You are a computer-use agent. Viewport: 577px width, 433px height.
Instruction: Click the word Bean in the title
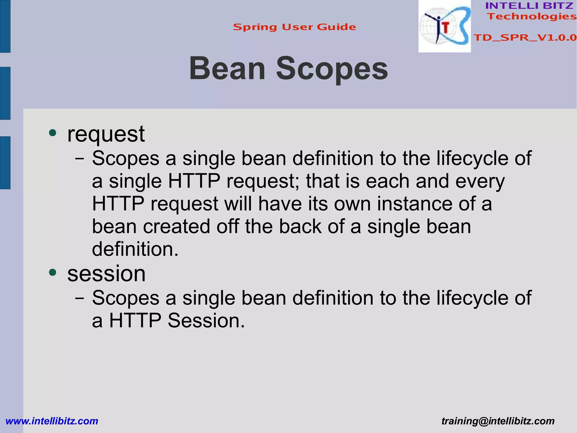(x=227, y=69)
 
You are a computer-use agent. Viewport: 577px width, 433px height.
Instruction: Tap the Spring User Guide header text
(x=294, y=27)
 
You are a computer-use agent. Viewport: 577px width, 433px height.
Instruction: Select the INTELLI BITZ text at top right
(x=529, y=6)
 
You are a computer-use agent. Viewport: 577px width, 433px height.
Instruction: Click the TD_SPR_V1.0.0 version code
(x=525, y=38)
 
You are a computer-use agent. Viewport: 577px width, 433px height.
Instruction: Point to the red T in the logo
(x=445, y=28)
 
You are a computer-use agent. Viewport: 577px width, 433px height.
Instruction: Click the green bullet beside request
(x=53, y=133)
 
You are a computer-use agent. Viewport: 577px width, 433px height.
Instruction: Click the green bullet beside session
(x=53, y=272)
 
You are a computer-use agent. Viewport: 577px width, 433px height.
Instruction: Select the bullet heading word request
(x=106, y=134)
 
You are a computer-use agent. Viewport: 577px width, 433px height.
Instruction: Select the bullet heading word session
(x=106, y=274)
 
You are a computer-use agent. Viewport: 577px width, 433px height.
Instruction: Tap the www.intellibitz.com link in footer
(x=52, y=421)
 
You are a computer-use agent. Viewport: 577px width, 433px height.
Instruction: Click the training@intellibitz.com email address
(x=498, y=421)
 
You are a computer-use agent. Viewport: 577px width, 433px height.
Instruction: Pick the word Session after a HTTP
(x=206, y=321)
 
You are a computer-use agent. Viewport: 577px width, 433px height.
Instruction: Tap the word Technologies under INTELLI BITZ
(x=532, y=16)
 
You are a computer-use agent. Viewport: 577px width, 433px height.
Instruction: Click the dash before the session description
(x=80, y=298)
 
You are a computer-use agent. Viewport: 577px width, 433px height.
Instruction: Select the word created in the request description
(x=177, y=227)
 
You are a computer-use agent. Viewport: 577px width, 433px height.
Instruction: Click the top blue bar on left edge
(x=5, y=26)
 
